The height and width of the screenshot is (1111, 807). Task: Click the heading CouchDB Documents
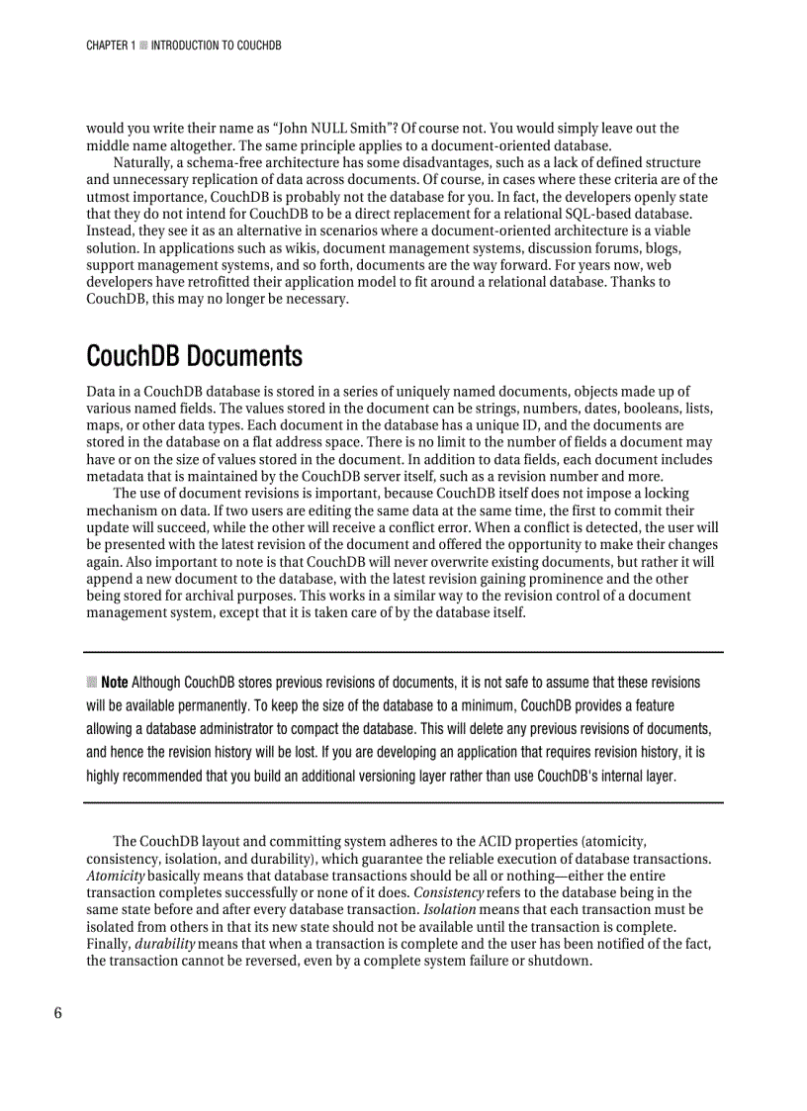194,355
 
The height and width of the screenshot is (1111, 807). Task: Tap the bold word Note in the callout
114,683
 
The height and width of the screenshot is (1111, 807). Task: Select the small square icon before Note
91,682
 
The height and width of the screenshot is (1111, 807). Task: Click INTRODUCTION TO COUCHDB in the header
217,46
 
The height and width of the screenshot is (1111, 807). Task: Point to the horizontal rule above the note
403,653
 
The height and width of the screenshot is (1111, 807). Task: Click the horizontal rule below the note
403,802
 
